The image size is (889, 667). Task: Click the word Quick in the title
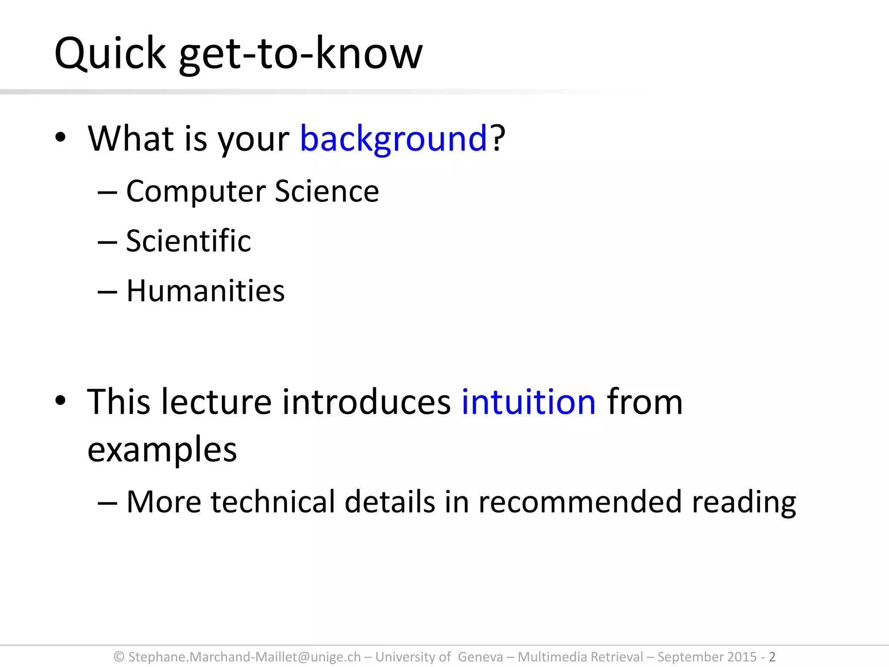point(110,53)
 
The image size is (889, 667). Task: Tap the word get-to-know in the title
point(300,53)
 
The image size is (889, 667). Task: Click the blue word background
point(393,139)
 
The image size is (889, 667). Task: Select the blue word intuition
point(528,402)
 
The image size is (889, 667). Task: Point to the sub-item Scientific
point(188,241)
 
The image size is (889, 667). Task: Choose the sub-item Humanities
point(205,291)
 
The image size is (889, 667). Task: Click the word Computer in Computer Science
point(196,191)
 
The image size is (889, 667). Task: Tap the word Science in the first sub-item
point(327,191)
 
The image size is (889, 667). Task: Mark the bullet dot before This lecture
point(60,400)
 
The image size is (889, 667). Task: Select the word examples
point(162,449)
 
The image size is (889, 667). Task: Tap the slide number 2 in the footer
point(772,657)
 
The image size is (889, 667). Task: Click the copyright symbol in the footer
point(119,657)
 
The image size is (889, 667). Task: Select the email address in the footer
point(244,657)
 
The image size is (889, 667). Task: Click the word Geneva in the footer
point(480,657)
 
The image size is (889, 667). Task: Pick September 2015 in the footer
point(707,657)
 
